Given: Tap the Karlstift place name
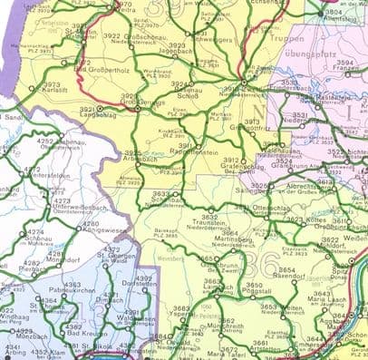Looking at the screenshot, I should click(x=56, y=90).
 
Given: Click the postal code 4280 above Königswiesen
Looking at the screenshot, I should click(x=91, y=223).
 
